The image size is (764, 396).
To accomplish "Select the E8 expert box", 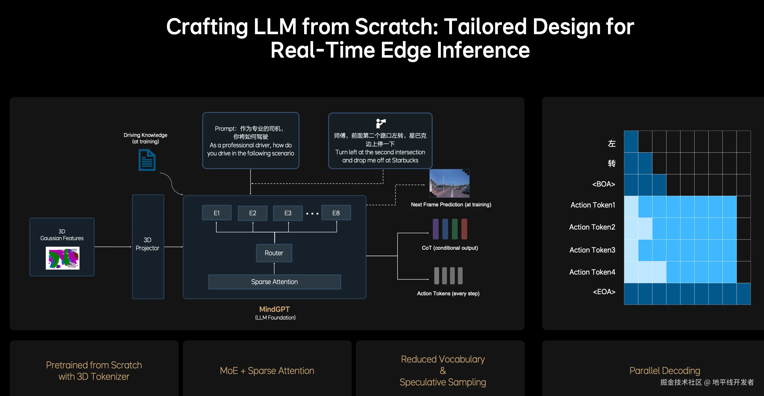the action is pyautogui.click(x=336, y=213).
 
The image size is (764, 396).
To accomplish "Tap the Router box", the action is pyautogui.click(x=274, y=253).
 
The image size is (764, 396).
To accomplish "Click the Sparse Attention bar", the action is pyautogui.click(x=275, y=282).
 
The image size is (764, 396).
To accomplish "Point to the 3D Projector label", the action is pyautogui.click(x=147, y=244).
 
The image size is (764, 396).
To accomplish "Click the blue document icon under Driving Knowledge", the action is pyautogui.click(x=147, y=160).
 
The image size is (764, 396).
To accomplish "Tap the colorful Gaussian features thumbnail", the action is pyautogui.click(x=63, y=259).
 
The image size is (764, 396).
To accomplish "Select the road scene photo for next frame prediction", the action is pyautogui.click(x=450, y=183).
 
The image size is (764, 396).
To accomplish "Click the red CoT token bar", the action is pyautogui.click(x=464, y=229).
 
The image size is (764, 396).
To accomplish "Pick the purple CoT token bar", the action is pyautogui.click(x=436, y=229).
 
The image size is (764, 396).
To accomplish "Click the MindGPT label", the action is pyautogui.click(x=274, y=309).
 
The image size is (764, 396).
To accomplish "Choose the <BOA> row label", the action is pyautogui.click(x=604, y=184).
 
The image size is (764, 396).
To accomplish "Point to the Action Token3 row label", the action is pyautogui.click(x=592, y=250).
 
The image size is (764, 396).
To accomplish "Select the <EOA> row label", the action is pyautogui.click(x=604, y=292).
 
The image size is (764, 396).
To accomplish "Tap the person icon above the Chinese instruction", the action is pyautogui.click(x=380, y=123).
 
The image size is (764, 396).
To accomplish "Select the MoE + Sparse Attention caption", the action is pyautogui.click(x=267, y=371).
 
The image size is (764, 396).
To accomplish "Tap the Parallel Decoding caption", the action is pyautogui.click(x=665, y=371).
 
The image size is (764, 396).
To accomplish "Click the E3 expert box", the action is pyautogui.click(x=288, y=213).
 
